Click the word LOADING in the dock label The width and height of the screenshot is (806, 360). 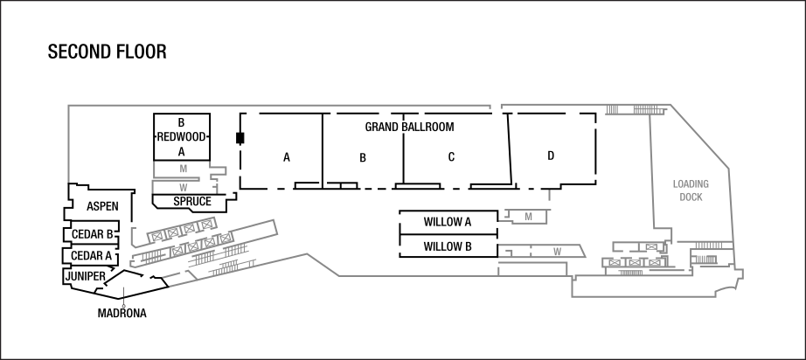690,184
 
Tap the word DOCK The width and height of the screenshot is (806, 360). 691,197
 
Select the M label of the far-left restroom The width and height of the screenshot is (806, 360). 183,168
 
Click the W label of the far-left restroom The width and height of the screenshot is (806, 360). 183,187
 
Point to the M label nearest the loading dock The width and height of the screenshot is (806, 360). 528,215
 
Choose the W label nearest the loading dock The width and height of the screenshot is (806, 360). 557,252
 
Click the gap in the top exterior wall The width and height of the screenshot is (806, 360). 496,106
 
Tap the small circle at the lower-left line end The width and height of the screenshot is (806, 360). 124,307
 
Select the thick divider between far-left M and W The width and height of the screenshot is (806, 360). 177,178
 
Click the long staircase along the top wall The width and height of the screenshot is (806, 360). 645,110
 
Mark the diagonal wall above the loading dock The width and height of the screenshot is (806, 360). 699,136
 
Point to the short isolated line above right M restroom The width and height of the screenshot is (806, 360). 549,196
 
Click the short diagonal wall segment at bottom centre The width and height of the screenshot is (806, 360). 323,265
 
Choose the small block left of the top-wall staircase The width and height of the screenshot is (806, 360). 612,109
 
